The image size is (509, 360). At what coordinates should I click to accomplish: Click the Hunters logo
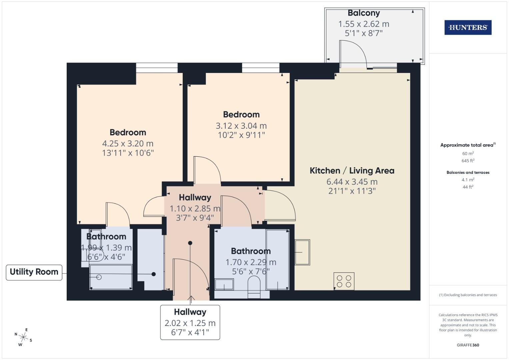point(468,28)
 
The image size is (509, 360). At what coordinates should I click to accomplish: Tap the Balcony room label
point(364,13)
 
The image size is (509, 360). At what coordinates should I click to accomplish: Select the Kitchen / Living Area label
point(352,171)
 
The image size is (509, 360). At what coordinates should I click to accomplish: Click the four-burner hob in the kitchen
point(344,281)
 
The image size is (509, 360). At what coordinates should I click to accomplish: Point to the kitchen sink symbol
point(302,252)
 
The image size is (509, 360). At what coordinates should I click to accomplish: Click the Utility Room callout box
point(34,272)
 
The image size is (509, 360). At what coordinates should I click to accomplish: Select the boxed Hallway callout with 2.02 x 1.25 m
point(190,322)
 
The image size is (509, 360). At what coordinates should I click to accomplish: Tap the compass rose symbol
point(23,337)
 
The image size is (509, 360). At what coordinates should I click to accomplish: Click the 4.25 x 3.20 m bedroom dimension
point(128,144)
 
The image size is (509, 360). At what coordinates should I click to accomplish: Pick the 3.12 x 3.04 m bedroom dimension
point(241,126)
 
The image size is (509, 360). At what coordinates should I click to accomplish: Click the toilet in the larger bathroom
point(254,286)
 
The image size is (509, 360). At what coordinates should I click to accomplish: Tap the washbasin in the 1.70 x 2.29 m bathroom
point(224,285)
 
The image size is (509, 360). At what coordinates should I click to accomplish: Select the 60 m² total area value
point(468,154)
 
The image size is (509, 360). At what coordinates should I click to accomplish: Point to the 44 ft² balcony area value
point(468,187)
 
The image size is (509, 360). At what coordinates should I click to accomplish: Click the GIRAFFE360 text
point(468,345)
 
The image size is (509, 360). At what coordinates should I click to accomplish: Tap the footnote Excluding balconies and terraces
point(468,295)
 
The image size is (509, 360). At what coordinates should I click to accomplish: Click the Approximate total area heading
point(468,145)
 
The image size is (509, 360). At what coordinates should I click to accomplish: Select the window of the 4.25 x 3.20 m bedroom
point(157,68)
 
